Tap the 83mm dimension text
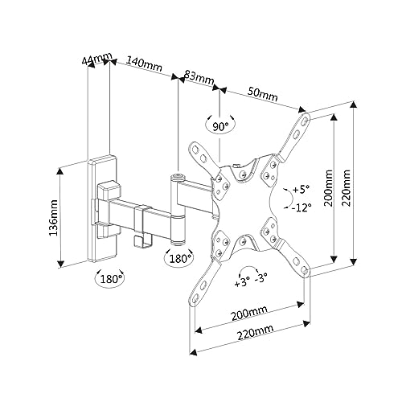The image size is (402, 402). [x=199, y=78]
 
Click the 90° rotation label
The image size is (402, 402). [x=219, y=126]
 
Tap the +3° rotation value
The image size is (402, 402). [x=241, y=284]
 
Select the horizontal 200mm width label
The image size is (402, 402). [x=248, y=314]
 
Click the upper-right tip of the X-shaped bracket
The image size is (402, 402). [x=303, y=117]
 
